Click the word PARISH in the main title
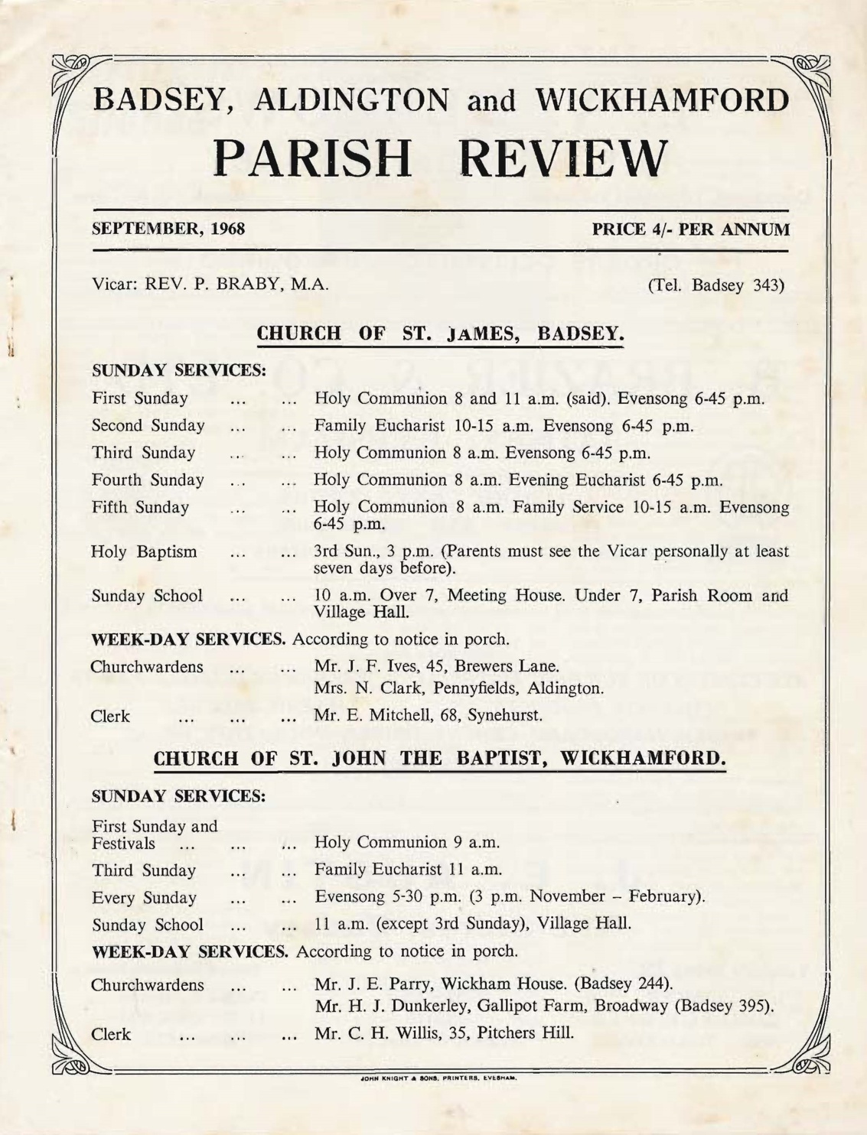click(311, 158)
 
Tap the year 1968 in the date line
click(227, 229)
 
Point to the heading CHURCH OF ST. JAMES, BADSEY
click(440, 333)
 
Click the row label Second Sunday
click(148, 426)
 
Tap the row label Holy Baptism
click(144, 551)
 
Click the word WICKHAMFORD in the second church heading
click(642, 759)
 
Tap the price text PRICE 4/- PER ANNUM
click(690, 229)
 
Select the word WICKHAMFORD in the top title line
click(662, 100)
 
